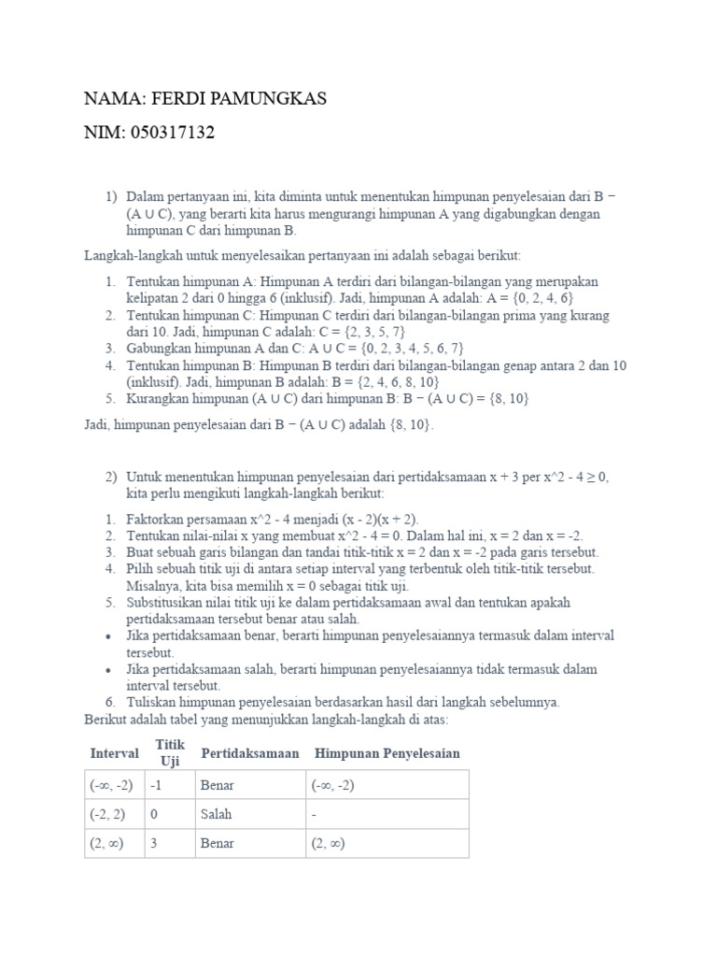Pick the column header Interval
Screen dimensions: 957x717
coord(114,753)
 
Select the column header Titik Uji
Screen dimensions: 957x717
coord(170,753)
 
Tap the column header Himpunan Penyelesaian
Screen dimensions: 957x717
coord(387,753)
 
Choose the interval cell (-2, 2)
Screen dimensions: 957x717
coord(108,814)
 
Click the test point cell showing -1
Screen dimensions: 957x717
coord(157,785)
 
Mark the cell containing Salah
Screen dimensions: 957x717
coord(216,814)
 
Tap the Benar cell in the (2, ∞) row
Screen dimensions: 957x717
coord(218,843)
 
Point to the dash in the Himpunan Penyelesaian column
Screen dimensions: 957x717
coord(314,814)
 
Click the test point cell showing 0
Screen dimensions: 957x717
coord(155,814)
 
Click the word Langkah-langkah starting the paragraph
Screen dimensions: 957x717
coord(127,255)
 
